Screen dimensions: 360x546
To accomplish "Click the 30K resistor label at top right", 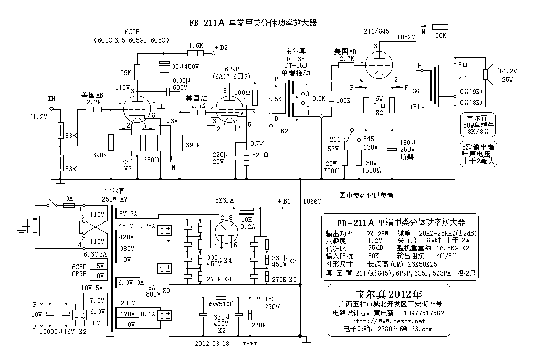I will [x=440, y=36].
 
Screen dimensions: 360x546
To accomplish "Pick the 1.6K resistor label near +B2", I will [x=195, y=46].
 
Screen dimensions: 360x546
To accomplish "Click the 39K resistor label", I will [x=127, y=72].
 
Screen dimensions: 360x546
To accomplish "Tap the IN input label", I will [x=51, y=98].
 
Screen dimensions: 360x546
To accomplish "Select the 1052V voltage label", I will [x=406, y=37].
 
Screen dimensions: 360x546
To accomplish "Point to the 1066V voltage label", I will [x=312, y=201].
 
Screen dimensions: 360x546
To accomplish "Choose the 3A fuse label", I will [x=68, y=199].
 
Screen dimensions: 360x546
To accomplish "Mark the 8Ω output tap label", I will [x=463, y=65].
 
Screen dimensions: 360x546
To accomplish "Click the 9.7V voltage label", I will [x=257, y=143].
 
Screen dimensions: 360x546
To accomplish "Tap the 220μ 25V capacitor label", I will [x=220, y=158].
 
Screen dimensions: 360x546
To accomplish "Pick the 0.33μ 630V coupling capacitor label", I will [x=180, y=84].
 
